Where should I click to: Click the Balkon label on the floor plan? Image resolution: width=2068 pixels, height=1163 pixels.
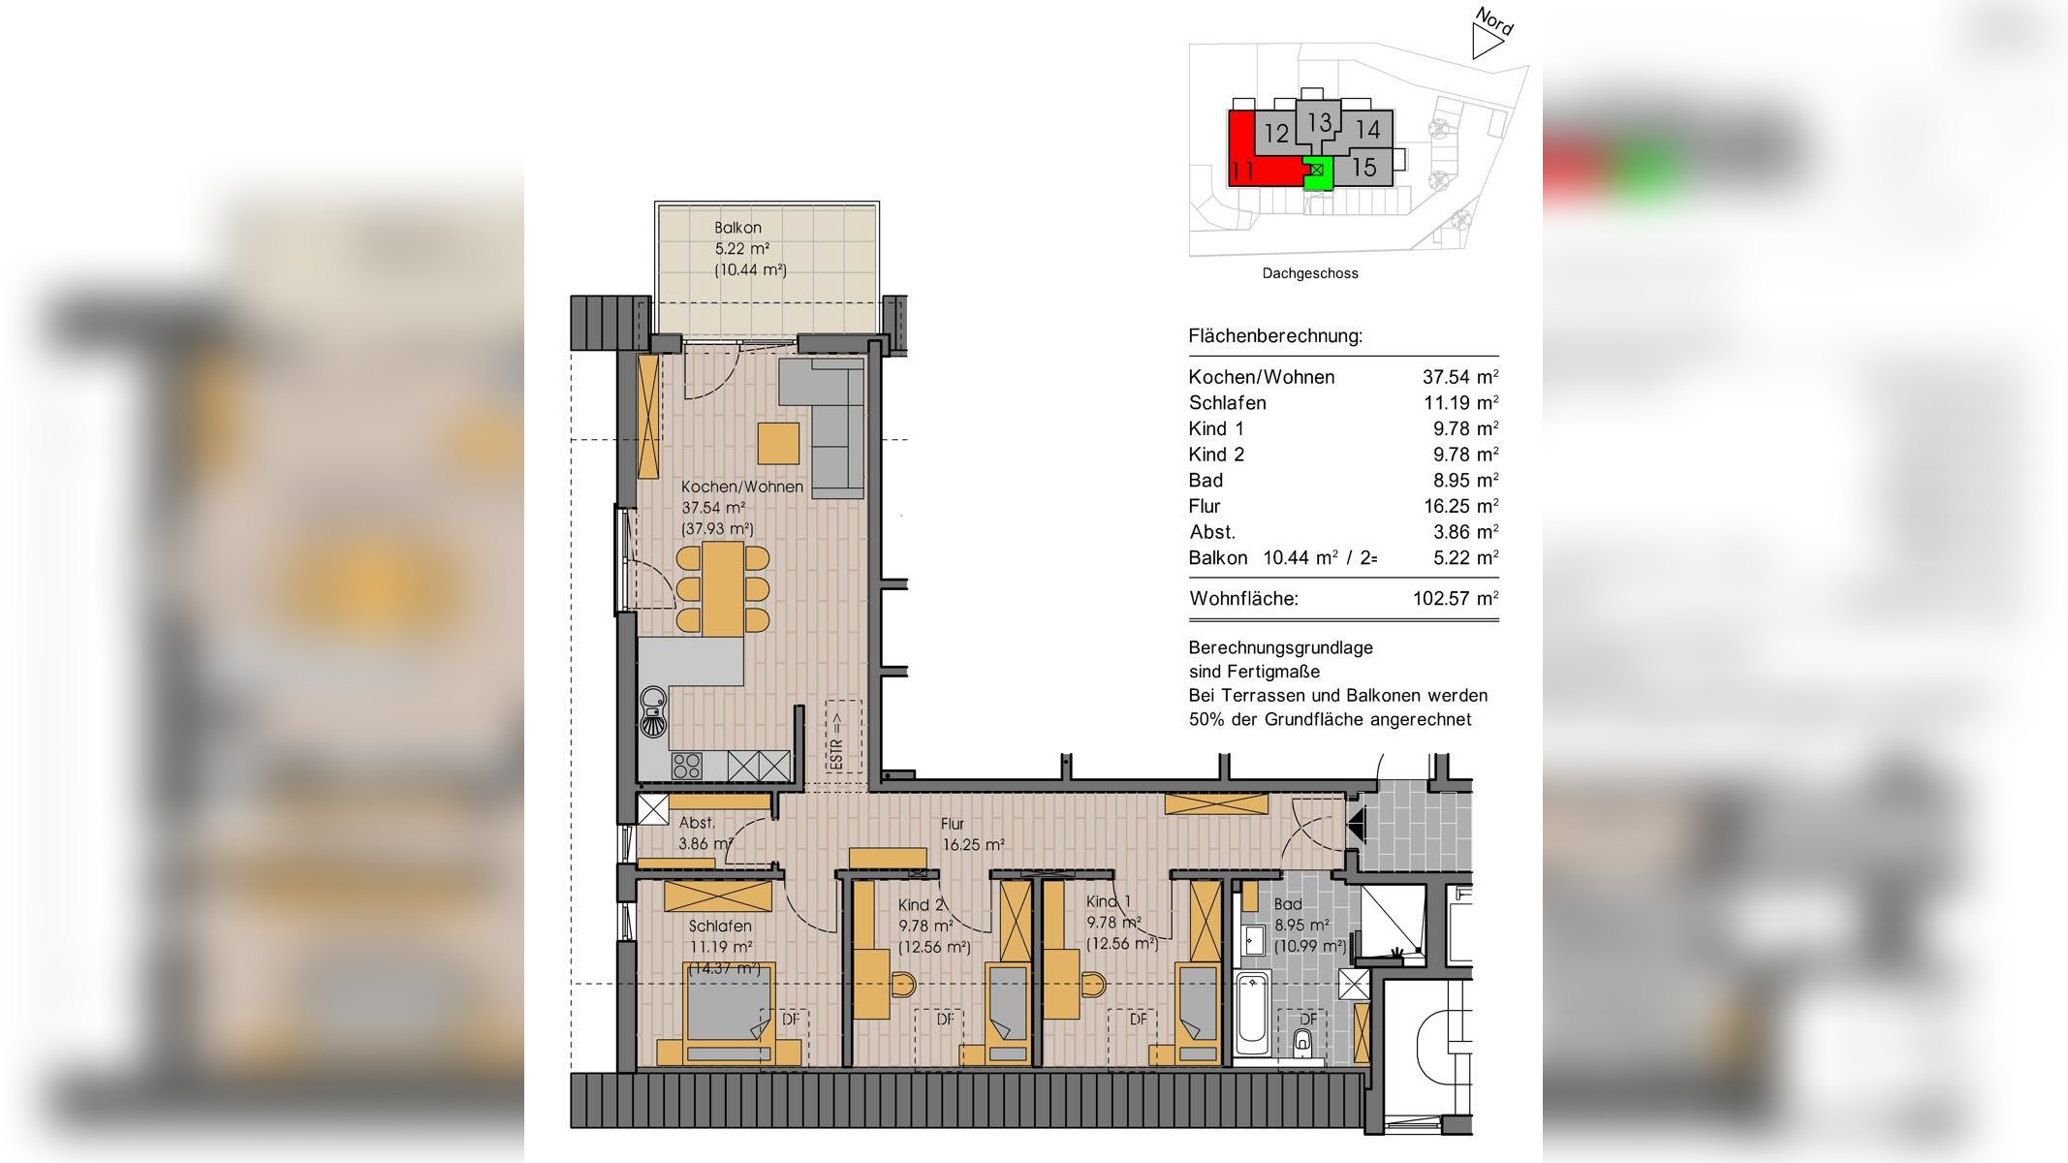pos(737,228)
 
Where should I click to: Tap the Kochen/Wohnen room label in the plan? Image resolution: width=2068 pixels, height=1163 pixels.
pos(741,487)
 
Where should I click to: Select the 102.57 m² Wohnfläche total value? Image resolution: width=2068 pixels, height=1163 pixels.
pos(1455,599)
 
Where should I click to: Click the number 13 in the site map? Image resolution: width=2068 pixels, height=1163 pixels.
pos(1319,122)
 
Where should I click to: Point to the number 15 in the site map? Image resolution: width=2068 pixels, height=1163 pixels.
pos(1363,168)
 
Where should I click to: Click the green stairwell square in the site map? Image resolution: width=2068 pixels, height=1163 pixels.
pos(1317,172)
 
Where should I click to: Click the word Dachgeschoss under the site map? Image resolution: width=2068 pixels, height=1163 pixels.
pos(1309,273)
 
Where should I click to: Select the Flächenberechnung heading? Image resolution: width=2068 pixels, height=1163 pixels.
pos(1274,336)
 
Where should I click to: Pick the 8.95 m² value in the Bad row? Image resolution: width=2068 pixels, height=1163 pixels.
pos(1460,481)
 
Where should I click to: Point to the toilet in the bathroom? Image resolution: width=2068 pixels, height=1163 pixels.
pos(1303,1043)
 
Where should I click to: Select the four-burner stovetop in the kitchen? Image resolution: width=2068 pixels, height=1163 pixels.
pos(686,766)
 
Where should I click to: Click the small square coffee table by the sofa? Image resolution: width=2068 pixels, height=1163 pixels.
pos(778,443)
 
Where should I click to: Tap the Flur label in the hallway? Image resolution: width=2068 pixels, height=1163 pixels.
pos(952,824)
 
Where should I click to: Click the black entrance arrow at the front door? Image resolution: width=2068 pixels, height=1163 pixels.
pos(1356,824)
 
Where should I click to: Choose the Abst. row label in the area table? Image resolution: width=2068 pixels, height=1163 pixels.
pos(1211,532)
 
